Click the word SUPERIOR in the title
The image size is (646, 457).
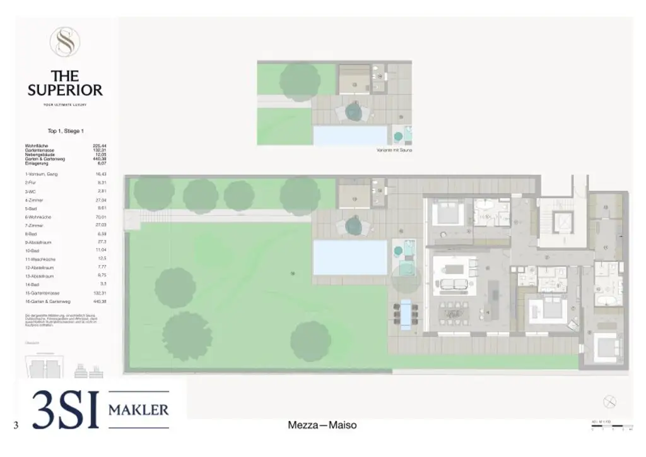click(x=65, y=90)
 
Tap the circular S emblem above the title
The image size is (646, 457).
click(x=64, y=42)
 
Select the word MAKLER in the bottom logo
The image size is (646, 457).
click(x=139, y=410)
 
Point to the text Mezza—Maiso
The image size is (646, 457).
click(x=322, y=425)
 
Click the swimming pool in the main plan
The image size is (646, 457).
click(x=350, y=258)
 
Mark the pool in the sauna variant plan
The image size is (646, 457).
click(x=350, y=135)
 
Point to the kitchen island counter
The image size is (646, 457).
click(x=495, y=296)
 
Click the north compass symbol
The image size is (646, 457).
click(x=609, y=401)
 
